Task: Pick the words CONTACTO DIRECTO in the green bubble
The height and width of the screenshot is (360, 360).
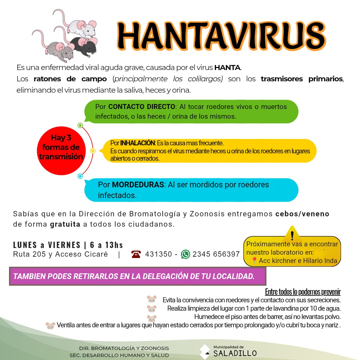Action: [x=142, y=107]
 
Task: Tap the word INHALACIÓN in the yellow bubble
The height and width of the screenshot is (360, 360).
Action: [x=138, y=143]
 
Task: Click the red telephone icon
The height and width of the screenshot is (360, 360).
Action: [x=136, y=254]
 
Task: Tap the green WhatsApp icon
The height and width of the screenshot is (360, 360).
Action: [x=185, y=254]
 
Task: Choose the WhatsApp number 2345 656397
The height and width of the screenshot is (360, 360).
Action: [x=216, y=254]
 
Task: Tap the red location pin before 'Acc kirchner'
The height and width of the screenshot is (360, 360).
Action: [x=254, y=261]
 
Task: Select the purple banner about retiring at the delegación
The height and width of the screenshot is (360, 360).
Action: [x=137, y=276]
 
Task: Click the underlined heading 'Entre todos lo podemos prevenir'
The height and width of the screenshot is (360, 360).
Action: [x=303, y=292]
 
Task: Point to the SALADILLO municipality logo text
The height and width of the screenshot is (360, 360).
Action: [x=235, y=353]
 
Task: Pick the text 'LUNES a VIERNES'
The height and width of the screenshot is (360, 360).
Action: [x=47, y=245]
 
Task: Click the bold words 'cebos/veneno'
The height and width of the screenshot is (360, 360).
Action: [x=302, y=214]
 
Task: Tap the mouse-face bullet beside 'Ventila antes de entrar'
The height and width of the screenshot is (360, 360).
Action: [x=50, y=325]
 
